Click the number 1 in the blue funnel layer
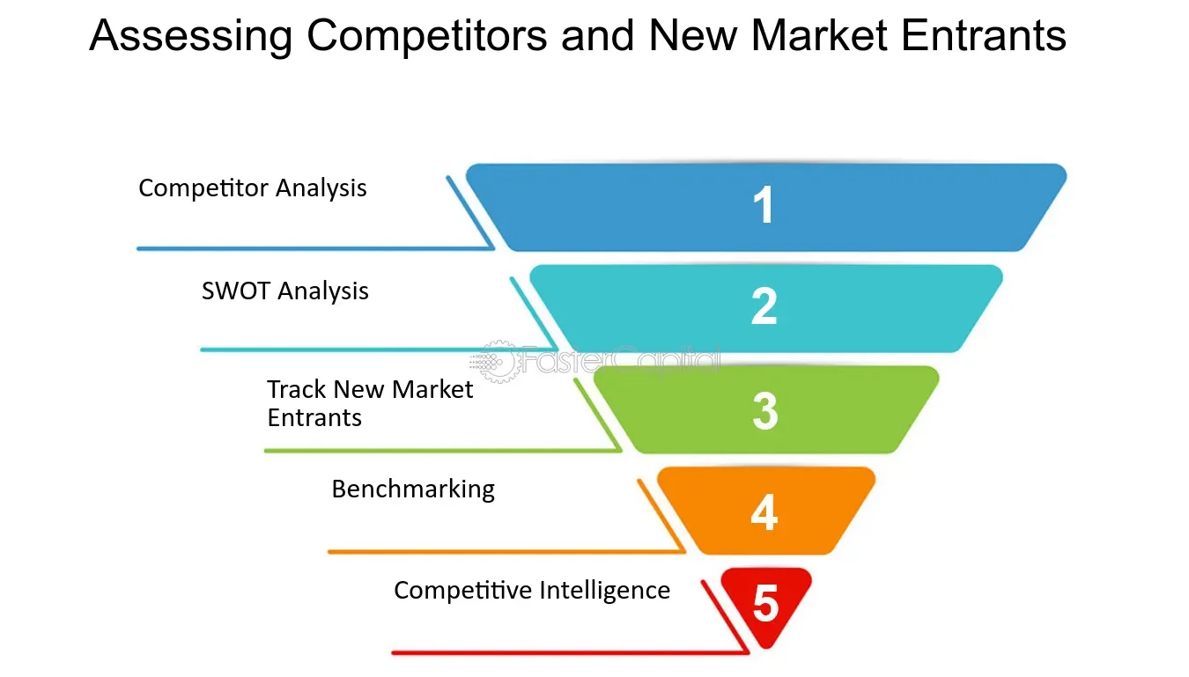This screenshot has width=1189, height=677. click(x=764, y=206)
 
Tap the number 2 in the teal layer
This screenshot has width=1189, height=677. click(x=764, y=306)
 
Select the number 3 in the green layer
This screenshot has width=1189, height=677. click(x=764, y=410)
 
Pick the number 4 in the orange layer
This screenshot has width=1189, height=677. click(x=764, y=511)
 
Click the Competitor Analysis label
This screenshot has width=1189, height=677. click(x=253, y=188)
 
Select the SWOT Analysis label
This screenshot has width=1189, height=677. click(x=285, y=291)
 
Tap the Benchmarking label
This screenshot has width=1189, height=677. click(x=413, y=489)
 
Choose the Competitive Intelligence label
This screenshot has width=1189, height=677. click(x=532, y=590)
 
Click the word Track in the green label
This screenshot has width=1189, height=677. click(x=297, y=389)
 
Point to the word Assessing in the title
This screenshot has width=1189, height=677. click(x=191, y=37)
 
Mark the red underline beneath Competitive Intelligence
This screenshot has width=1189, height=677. click(x=564, y=652)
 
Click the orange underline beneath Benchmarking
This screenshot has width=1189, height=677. click(x=502, y=552)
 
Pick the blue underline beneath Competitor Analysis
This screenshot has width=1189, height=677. click(x=308, y=248)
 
